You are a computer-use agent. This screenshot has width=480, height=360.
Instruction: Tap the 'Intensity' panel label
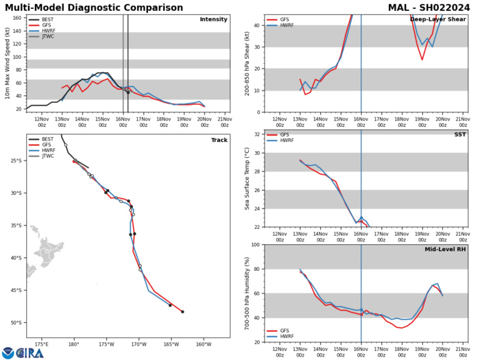pyautogui.click(x=213, y=19)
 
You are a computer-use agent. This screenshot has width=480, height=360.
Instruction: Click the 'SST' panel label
pyautogui.click(x=458, y=135)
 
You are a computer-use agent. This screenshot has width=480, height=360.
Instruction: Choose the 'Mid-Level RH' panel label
pyautogui.click(x=442, y=250)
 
